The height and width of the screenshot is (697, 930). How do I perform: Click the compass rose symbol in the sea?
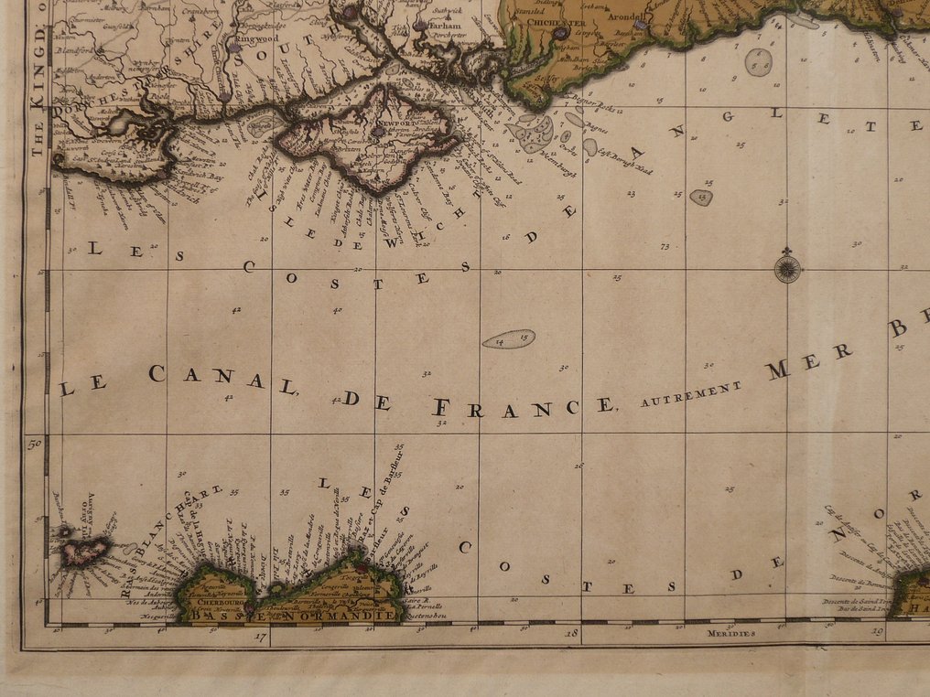786,268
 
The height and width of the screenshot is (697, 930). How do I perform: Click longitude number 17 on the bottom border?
260,637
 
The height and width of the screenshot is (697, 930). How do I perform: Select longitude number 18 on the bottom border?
571,633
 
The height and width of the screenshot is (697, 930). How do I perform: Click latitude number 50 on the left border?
37,445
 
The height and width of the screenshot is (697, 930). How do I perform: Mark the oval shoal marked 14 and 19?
509,339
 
